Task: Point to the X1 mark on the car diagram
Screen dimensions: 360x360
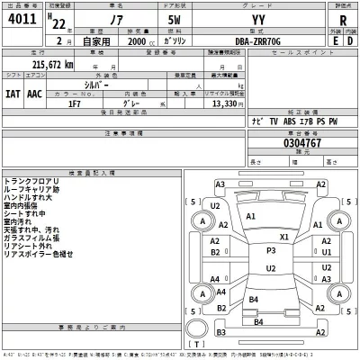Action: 283,237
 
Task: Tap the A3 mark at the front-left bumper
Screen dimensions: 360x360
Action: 220,184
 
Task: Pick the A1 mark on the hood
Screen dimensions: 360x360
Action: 252,218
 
